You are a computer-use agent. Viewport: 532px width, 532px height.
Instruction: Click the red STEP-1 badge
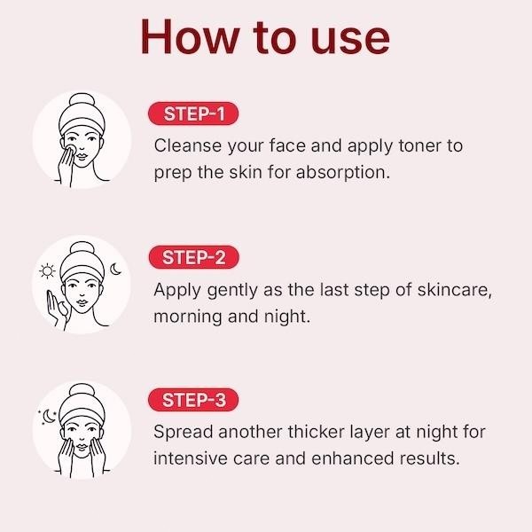195,114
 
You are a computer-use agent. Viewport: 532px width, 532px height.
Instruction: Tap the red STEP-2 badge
195,258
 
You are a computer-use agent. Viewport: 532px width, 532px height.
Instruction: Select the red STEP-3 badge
195,400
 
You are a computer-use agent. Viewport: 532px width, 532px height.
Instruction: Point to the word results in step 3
429,459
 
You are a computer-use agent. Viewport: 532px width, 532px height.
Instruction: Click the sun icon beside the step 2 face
47,270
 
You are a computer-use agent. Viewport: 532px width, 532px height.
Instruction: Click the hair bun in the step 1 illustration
82,105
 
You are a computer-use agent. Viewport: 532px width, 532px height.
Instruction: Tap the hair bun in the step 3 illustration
82,394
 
